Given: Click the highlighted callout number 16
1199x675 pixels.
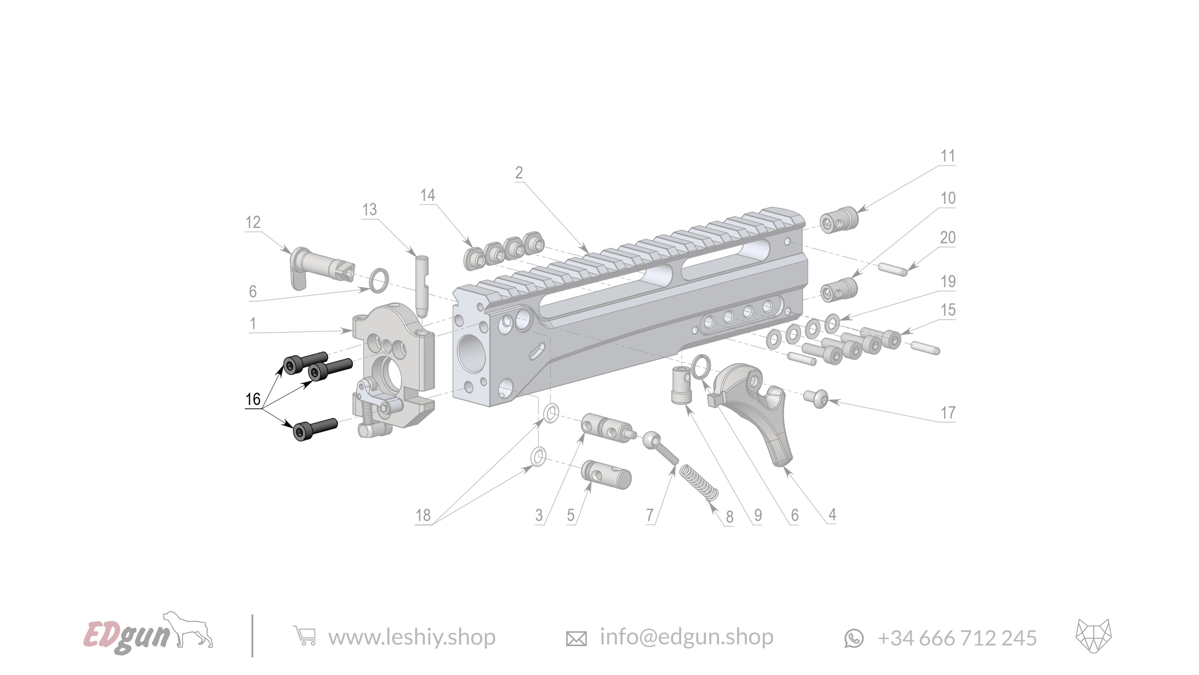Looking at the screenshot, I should click(x=253, y=399).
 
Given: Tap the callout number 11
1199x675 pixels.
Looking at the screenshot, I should click(x=948, y=156).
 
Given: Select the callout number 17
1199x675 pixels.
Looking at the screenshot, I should click(x=948, y=413).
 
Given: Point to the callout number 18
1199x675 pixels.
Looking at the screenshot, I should click(x=423, y=515).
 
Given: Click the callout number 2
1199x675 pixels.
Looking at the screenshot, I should click(x=519, y=173).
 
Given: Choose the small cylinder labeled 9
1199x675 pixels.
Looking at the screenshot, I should click(x=680, y=385).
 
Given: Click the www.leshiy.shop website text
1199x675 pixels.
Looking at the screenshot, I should click(x=412, y=637).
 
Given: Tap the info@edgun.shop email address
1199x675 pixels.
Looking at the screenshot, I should click(x=686, y=637).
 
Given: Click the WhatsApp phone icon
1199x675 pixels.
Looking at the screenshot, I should click(x=854, y=638).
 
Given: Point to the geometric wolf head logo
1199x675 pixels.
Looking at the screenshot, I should click(x=1093, y=636).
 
